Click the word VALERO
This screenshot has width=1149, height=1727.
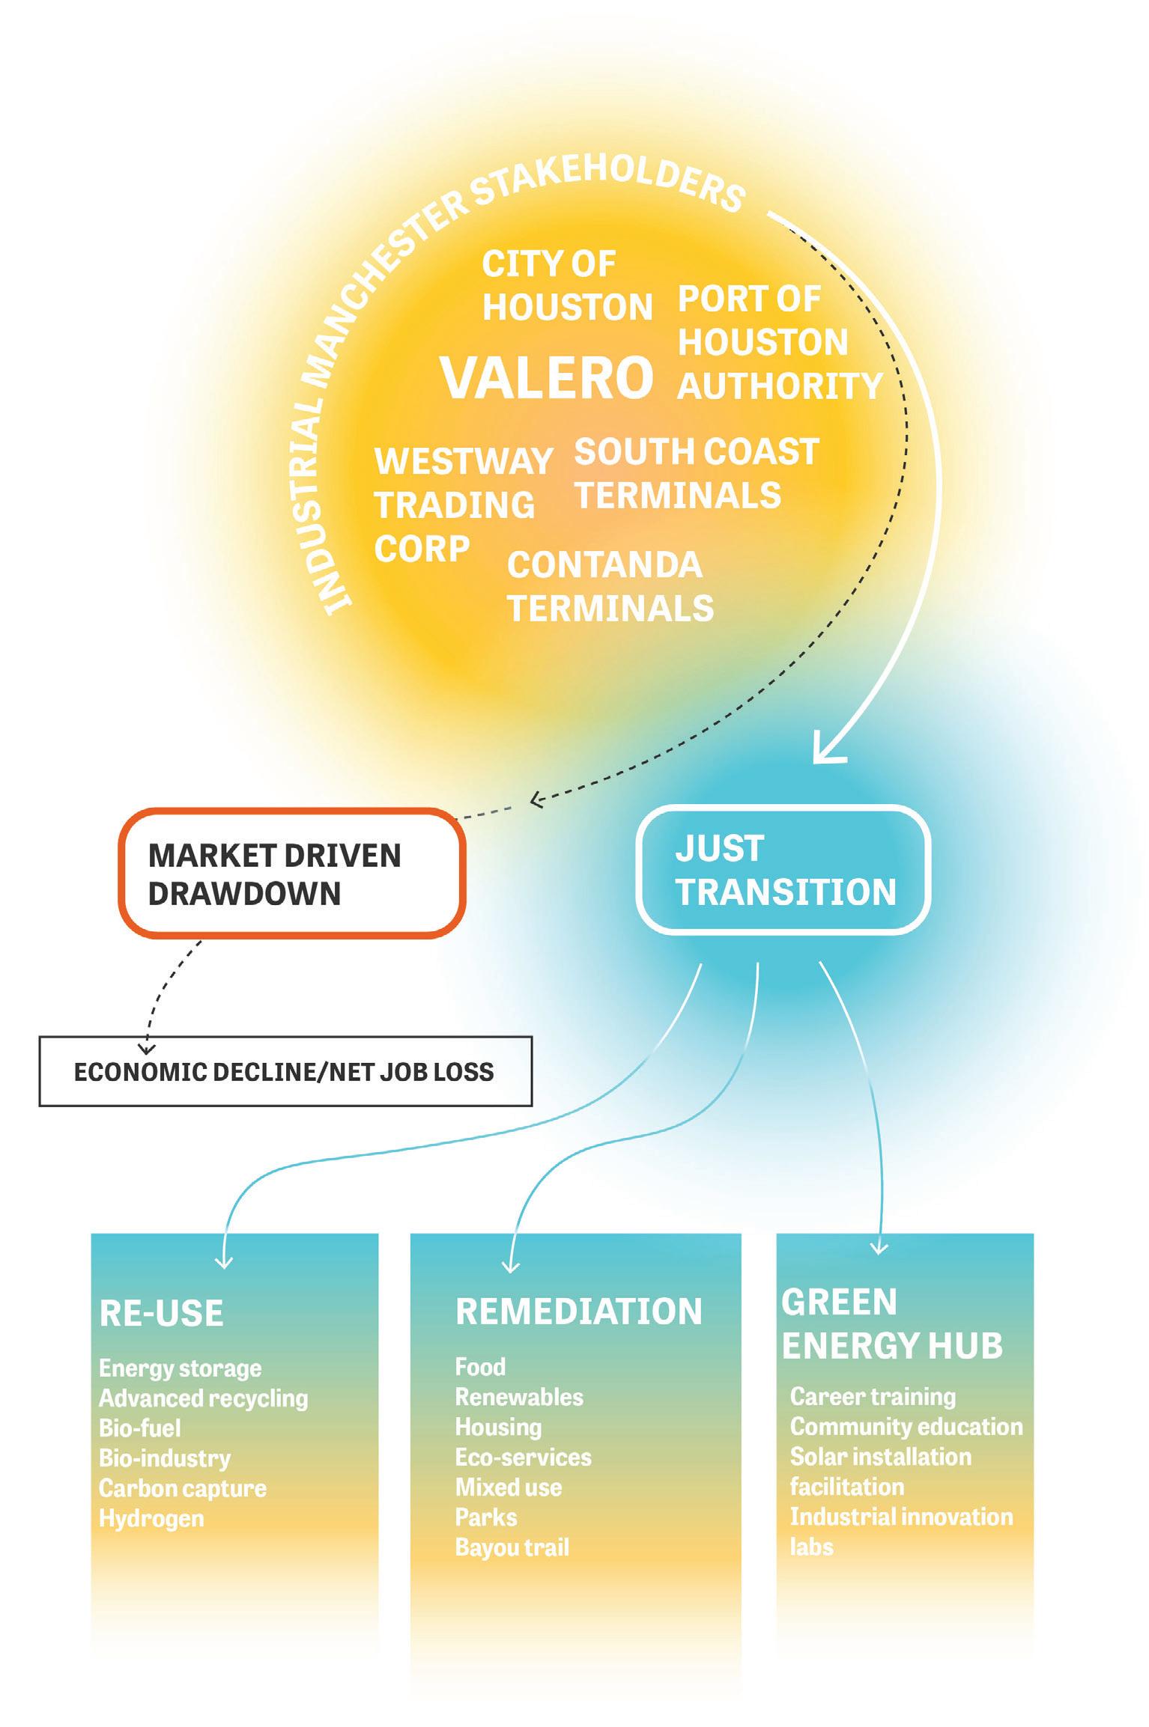pos(547,377)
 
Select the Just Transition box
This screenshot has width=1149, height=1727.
pos(783,870)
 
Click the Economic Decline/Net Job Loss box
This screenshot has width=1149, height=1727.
pos(285,1071)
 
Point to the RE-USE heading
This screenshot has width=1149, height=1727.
pos(161,1314)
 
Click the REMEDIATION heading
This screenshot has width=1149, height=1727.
pos(578,1312)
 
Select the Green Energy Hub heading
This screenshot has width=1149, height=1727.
pos(891,1324)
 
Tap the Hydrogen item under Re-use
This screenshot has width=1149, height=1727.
pos(151,1518)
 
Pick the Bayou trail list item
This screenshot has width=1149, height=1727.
pos(512,1547)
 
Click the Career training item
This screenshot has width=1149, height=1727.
pos(873,1396)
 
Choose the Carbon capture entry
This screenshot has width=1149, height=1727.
pos(182,1488)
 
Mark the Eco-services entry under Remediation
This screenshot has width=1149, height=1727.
pos(523,1457)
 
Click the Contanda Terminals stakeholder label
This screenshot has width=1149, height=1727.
pos(610,586)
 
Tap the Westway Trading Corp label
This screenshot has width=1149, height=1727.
pos(463,505)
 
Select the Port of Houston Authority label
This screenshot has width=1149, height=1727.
pos(779,343)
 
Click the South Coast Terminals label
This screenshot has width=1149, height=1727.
pos(696,473)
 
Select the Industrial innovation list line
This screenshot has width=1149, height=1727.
pos(901,1517)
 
